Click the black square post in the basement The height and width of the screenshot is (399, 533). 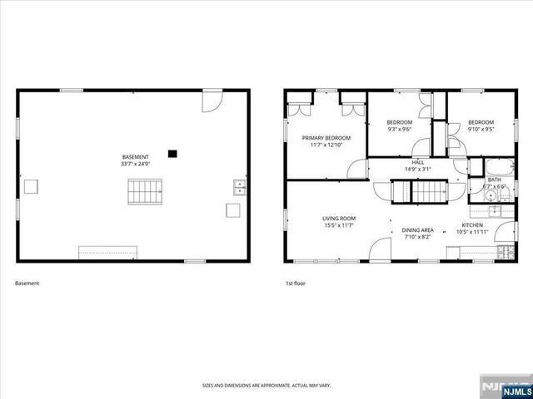point(172,153)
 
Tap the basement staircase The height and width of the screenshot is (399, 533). point(143,195)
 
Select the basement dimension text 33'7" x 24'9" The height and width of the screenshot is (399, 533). point(136,164)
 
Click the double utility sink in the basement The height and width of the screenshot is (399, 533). point(239,187)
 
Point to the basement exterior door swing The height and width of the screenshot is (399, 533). point(212,102)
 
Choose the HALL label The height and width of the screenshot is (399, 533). point(418,162)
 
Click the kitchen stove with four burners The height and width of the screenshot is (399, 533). point(504,252)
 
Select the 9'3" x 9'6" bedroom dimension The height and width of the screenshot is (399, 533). point(400,129)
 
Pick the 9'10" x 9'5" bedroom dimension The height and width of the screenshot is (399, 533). point(480,129)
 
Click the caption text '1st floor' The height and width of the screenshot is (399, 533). point(296,283)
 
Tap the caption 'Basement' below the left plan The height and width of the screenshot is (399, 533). point(27,283)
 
